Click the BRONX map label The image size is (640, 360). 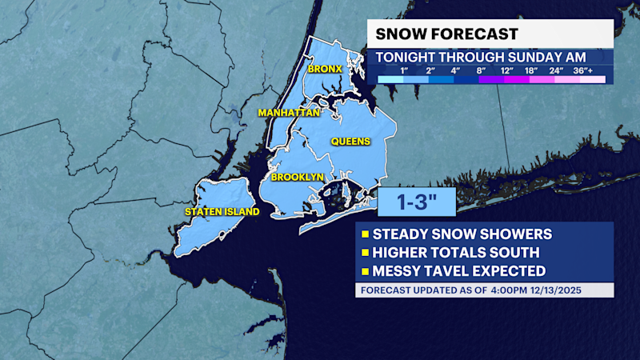pos(326,70)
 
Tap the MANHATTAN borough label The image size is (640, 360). pos(289,113)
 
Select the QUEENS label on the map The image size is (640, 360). pos(352,142)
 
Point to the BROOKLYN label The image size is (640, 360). pos(297,177)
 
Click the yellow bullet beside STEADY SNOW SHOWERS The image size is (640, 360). pos(366,234)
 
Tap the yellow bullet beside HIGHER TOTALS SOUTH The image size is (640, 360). pos(366,253)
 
